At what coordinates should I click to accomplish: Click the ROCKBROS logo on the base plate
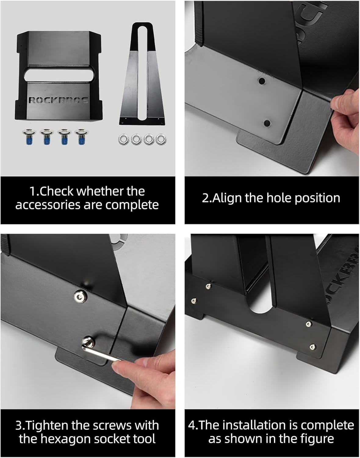tap(58, 100)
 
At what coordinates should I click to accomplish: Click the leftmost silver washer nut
tap(123, 140)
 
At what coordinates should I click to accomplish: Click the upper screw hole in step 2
tap(261, 81)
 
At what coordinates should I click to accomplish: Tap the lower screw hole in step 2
tap(267, 123)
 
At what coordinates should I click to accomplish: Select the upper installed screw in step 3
tap(80, 295)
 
